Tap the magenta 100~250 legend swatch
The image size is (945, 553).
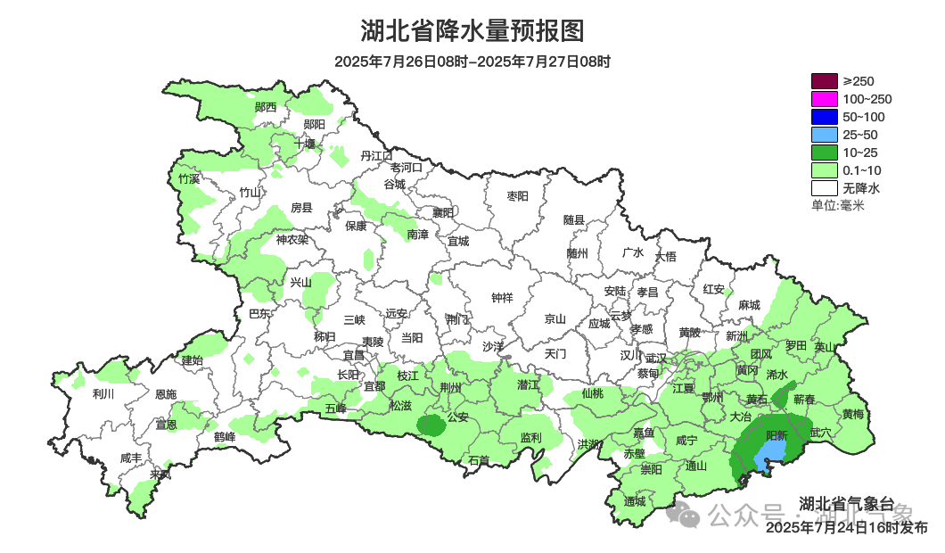pyautogui.click(x=825, y=99)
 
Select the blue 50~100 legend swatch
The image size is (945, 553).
pyautogui.click(x=825, y=117)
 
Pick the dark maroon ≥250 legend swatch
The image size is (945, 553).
pyautogui.click(x=825, y=81)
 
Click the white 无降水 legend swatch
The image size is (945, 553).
pyautogui.click(x=825, y=188)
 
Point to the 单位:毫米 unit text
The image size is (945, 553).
pyautogui.click(x=837, y=205)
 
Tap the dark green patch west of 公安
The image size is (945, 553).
pyautogui.click(x=432, y=425)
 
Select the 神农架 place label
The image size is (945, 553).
pyautogui.click(x=292, y=240)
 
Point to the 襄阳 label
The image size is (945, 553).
pyautogui.click(x=443, y=212)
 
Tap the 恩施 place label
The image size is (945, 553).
pyautogui.click(x=166, y=394)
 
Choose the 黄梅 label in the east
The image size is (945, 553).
pyautogui.click(x=853, y=414)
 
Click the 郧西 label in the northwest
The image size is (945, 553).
pyautogui.click(x=266, y=107)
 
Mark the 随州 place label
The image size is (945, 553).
pyautogui.click(x=578, y=253)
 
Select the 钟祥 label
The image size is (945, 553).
pyautogui.click(x=503, y=298)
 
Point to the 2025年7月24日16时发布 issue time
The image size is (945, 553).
pyautogui.click(x=846, y=528)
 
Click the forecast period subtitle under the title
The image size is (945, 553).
pyautogui.click(x=472, y=62)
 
